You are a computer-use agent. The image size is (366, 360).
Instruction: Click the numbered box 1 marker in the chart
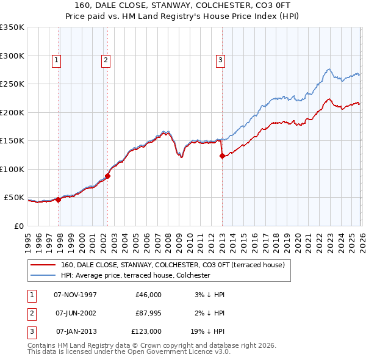pos(56,60)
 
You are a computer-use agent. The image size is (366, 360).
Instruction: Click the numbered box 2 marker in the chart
pos(106,60)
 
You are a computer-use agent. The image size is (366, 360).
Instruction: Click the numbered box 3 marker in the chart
pos(220,60)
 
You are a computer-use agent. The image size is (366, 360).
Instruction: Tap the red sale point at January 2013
pos(222,156)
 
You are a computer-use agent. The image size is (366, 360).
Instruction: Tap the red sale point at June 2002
pos(108,176)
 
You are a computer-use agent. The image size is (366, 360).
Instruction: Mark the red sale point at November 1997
pos(59,200)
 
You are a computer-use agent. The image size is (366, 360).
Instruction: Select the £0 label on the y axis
pos(18,226)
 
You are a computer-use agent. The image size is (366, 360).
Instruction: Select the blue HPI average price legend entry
pos(135,275)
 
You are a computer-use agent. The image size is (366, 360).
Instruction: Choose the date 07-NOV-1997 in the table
pos(75,295)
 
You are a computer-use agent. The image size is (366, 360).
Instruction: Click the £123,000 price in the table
pos(146,331)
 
